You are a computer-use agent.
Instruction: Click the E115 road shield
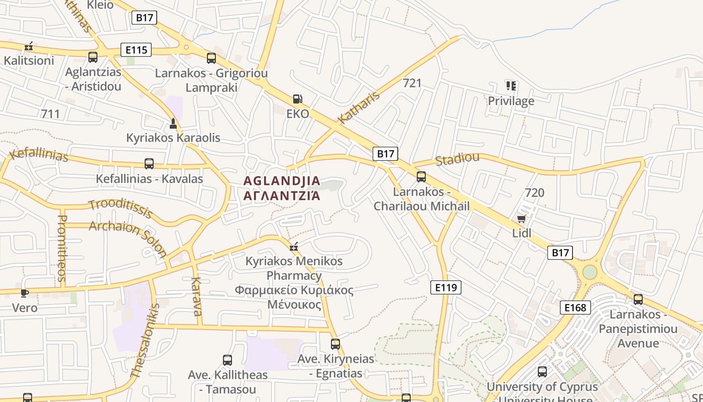136,50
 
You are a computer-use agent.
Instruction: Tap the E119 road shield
446,287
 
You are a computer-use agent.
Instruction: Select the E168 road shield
575,308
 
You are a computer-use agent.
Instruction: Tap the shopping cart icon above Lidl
521,219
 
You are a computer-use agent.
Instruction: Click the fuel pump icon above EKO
298,99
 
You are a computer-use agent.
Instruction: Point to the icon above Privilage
511,86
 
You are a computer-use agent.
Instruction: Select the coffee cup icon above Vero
25,293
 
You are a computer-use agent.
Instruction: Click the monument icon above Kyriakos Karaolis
173,123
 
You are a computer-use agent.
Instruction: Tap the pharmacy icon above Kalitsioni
29,46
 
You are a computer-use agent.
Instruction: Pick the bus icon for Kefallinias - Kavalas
149,163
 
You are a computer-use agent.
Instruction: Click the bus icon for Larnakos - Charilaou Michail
421,177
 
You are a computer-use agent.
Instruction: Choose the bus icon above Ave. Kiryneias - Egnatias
335,344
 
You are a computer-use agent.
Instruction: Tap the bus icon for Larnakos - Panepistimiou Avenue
638,299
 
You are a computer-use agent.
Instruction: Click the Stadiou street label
457,159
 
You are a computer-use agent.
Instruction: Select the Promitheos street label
62,248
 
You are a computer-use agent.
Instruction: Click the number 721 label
412,83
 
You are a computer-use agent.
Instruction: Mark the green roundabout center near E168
590,272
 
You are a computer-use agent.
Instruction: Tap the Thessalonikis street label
145,341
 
